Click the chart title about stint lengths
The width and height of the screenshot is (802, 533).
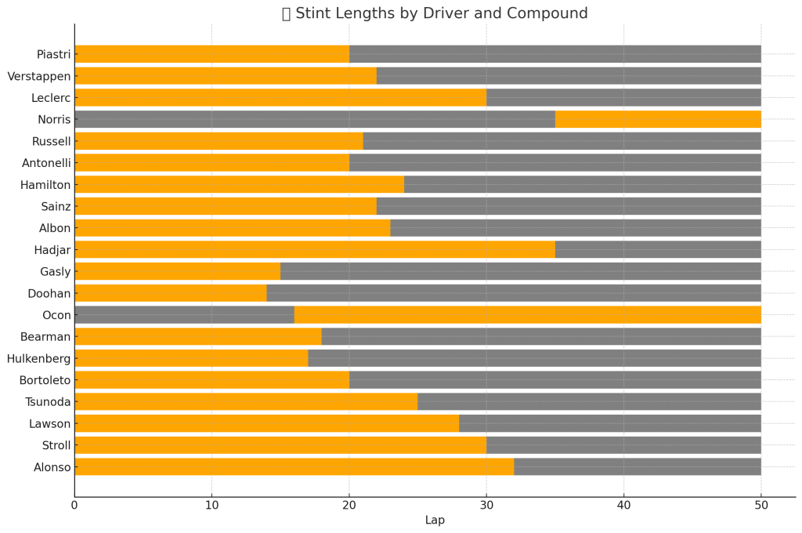pos(435,13)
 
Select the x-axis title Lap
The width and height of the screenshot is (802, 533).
pos(435,520)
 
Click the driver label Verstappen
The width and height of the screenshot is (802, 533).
pos(39,76)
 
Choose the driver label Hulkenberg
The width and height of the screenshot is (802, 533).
pos(39,358)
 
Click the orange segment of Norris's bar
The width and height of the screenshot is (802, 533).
pos(658,120)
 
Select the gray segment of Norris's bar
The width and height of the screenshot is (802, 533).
pos(313,120)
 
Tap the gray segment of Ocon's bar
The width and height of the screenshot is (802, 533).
pos(184,315)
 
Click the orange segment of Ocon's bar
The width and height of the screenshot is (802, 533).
pos(527,315)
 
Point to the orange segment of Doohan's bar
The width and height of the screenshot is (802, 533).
pos(170,293)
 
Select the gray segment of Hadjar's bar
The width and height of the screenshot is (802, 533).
pos(658,250)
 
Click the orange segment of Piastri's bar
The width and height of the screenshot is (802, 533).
pos(211,54)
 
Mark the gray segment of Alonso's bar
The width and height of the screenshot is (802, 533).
pos(638,467)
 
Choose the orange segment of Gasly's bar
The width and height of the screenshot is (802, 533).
pos(177,272)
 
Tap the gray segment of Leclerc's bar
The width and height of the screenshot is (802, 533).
pos(623,98)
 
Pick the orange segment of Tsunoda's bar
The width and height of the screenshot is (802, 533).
pos(246,402)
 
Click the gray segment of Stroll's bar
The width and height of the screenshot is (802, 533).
pos(623,445)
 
